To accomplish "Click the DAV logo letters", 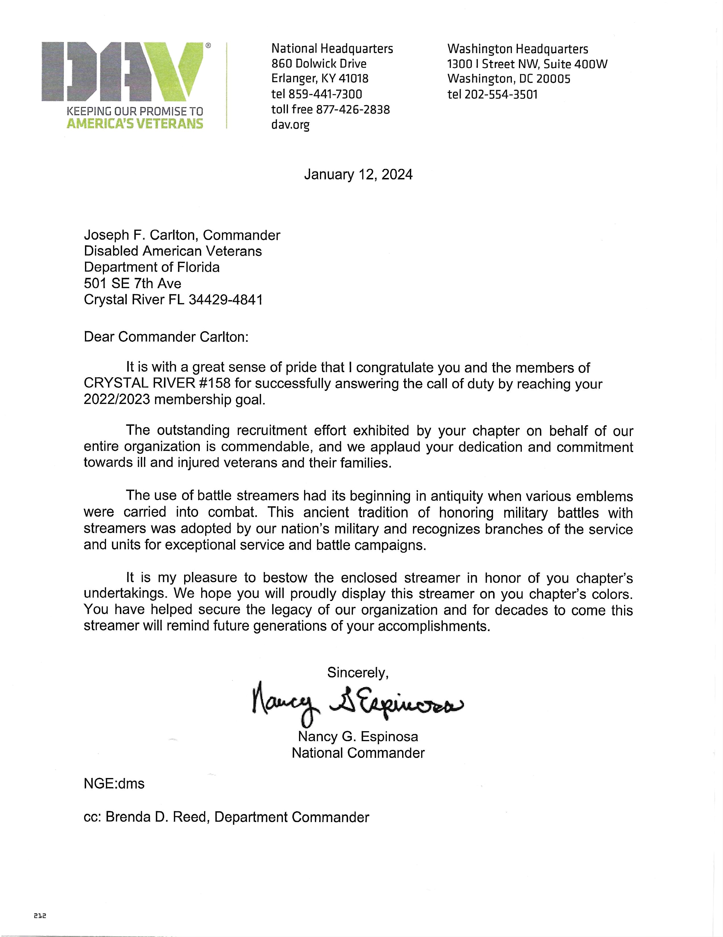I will click(x=122, y=71).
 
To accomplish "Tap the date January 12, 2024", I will click(x=358, y=175).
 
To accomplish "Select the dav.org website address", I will click(x=290, y=125).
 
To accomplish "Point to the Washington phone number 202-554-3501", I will click(x=501, y=94).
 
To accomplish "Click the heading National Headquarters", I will click(x=332, y=49).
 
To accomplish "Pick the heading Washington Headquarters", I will click(x=518, y=49).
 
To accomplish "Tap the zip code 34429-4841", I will click(x=226, y=299).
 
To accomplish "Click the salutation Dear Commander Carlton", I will click(x=166, y=337).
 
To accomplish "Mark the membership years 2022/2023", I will click(x=117, y=399).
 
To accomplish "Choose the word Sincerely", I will click(x=358, y=672).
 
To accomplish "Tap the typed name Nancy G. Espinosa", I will click(x=358, y=737).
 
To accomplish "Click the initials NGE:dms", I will click(x=114, y=784).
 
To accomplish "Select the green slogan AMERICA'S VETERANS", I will click(x=135, y=124).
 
